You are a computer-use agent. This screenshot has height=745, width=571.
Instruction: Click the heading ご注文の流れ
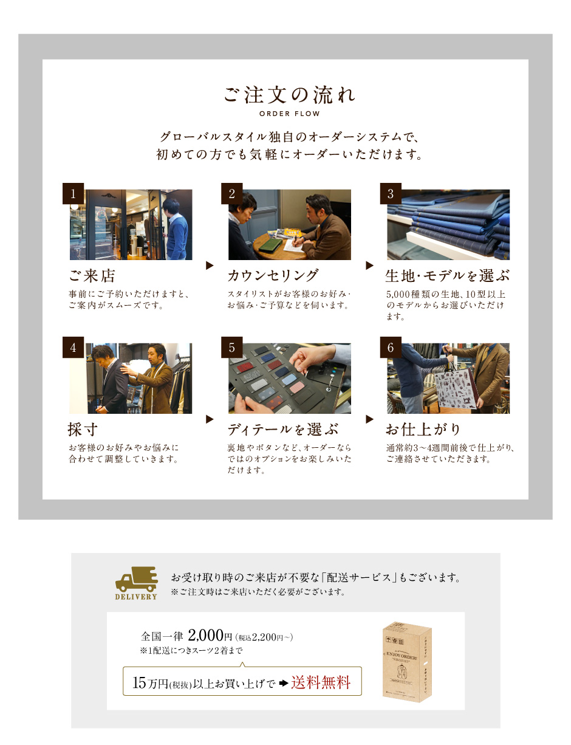point(289,95)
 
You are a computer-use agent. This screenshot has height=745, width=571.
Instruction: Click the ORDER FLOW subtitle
point(289,114)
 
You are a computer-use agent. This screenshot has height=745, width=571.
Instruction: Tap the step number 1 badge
point(73,193)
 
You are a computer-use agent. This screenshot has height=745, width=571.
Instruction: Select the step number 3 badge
point(391,193)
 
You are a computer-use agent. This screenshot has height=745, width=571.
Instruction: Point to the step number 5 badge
point(231,348)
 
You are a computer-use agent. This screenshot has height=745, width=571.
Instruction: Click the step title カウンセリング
point(273,276)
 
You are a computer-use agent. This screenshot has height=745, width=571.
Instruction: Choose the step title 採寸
point(83,429)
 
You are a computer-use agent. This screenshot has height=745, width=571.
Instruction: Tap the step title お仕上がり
point(423,429)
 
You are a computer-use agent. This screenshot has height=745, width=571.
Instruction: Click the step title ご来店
point(92,276)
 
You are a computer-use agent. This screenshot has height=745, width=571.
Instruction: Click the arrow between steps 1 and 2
point(210,266)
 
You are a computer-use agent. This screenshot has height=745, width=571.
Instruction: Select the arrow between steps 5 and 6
point(369,419)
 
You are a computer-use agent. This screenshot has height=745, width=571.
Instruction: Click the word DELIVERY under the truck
point(136,597)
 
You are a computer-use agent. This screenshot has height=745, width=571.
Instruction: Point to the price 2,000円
point(210,636)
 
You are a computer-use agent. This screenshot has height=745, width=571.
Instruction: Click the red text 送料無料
point(321,682)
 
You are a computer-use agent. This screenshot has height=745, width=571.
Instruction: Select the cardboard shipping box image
point(407,662)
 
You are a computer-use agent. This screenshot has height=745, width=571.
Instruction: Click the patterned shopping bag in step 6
point(456,389)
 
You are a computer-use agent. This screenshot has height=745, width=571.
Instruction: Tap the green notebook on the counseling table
point(271,245)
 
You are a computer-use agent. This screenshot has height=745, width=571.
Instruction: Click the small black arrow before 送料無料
point(284,683)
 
